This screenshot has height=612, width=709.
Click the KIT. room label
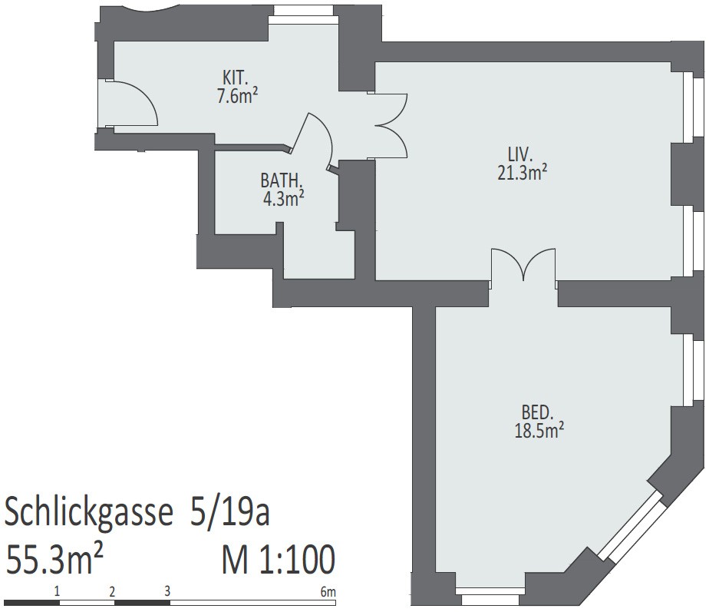point(235,78)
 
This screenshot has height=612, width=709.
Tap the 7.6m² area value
point(237,95)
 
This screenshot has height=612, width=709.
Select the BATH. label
point(281,180)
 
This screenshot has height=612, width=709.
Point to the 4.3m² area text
point(283,198)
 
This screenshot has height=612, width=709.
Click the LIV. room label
point(520,155)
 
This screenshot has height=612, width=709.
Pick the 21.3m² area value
point(523,173)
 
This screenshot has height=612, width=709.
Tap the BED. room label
point(538,412)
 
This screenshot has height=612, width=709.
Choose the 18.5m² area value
point(539,430)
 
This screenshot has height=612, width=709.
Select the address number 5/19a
point(229,511)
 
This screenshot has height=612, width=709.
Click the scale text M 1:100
point(279,559)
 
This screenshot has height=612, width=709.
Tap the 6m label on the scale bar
point(328,591)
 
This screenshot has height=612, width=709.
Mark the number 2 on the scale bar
point(112,591)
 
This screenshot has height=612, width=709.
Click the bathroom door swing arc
point(323,136)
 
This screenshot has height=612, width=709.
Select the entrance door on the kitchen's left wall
point(131,103)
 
